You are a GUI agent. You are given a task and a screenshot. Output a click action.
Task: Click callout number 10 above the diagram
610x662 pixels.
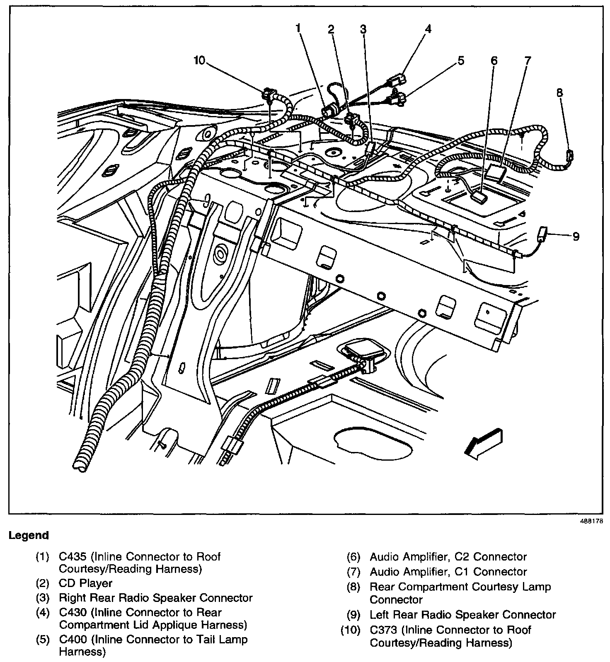(x=199, y=60)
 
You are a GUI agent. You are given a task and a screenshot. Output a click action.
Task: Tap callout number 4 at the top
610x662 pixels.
(x=428, y=29)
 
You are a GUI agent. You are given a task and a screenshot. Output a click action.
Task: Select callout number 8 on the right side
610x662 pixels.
(x=560, y=93)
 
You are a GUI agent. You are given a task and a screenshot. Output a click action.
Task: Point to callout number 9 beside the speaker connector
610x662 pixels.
(x=576, y=237)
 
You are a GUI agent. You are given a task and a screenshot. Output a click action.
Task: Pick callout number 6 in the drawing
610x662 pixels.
(x=494, y=61)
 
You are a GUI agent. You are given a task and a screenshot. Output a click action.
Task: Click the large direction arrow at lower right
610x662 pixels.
(x=484, y=444)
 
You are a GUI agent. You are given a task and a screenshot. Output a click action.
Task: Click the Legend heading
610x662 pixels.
(x=29, y=535)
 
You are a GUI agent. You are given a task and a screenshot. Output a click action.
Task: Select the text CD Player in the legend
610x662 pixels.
(x=86, y=583)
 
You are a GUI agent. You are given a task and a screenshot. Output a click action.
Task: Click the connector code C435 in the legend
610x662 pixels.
(x=73, y=556)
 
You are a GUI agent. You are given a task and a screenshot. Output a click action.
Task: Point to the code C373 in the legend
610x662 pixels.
(x=383, y=630)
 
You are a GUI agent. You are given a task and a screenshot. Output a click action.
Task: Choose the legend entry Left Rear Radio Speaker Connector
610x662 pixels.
(x=463, y=615)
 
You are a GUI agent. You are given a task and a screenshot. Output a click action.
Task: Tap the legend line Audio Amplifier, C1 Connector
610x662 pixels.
(x=448, y=572)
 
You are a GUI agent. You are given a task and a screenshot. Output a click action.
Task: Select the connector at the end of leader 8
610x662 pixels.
(x=570, y=155)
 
